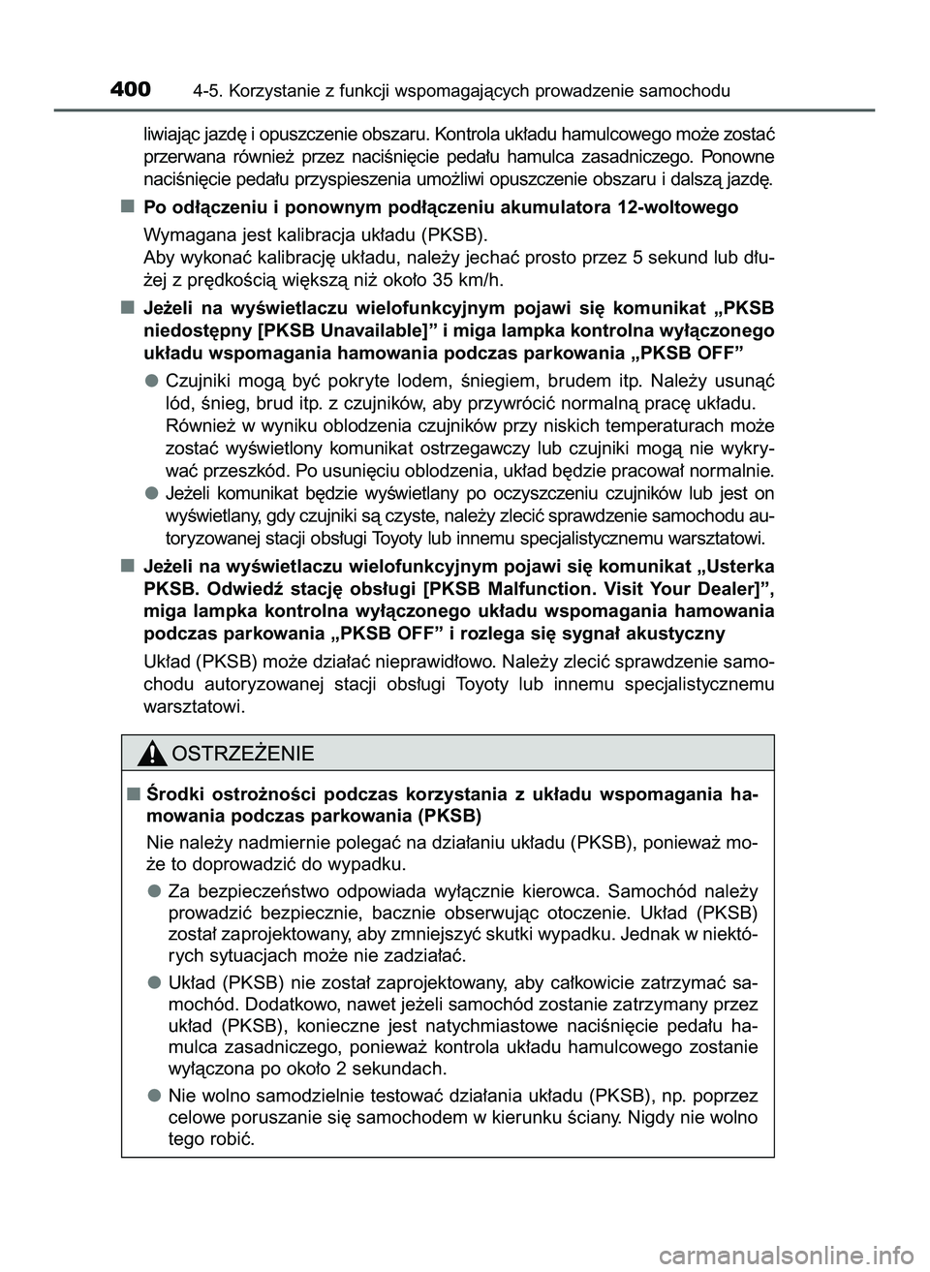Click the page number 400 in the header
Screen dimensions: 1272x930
click(x=130, y=90)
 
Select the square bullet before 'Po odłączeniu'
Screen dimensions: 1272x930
click(x=127, y=207)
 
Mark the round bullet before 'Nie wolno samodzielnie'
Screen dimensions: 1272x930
click(x=153, y=1095)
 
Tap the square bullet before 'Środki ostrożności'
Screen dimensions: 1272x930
click(x=130, y=794)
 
